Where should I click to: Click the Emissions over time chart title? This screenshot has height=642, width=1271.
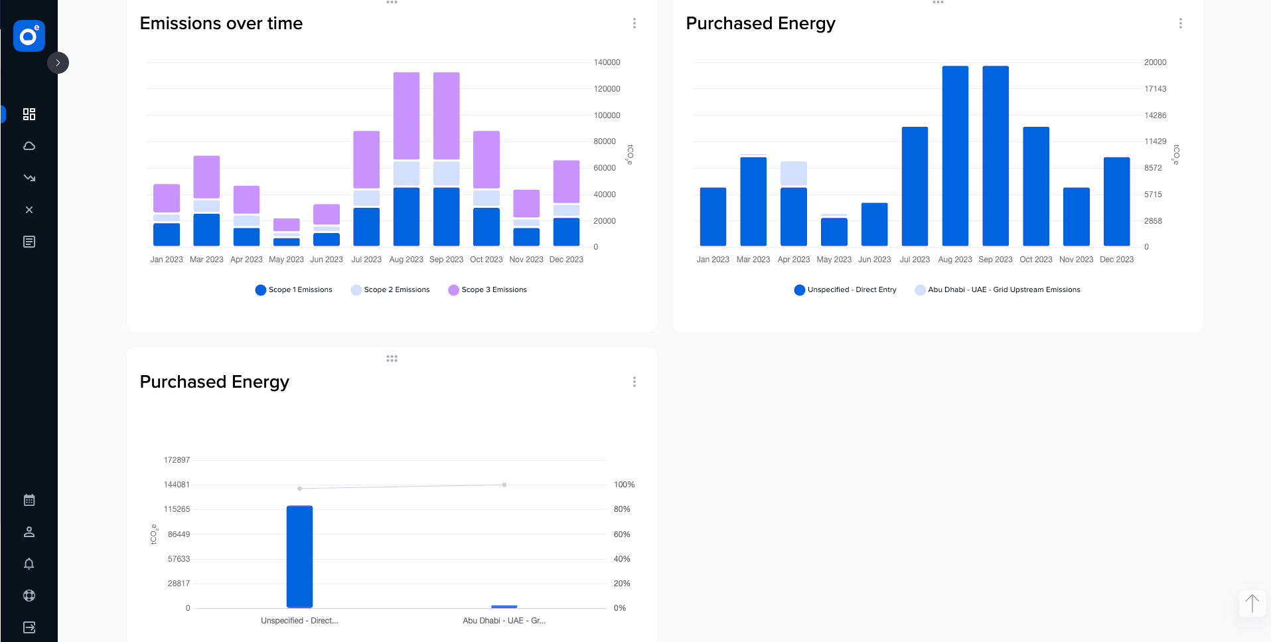click(x=221, y=23)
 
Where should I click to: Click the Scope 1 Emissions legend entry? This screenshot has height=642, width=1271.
click(x=293, y=289)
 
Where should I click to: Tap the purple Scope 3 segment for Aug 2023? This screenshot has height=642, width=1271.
click(x=406, y=116)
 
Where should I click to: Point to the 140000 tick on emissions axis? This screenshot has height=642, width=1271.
click(x=607, y=62)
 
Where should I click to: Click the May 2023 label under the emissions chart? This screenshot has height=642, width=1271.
click(x=286, y=260)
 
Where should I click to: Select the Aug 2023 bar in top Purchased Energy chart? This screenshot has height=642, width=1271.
click(x=954, y=156)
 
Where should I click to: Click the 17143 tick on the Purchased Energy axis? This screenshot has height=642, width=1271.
click(x=1155, y=89)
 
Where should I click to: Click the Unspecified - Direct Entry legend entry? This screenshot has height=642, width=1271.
click(x=845, y=289)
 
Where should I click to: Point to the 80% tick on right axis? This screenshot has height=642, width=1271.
click(x=622, y=509)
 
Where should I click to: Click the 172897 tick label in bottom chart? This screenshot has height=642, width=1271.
click(x=177, y=460)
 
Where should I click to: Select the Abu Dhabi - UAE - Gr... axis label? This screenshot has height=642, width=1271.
click(x=504, y=621)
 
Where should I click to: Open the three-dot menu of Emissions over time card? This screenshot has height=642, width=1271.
click(x=635, y=23)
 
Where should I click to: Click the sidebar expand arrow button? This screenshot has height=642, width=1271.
click(x=58, y=63)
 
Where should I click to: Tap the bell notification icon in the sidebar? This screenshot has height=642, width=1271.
click(x=29, y=564)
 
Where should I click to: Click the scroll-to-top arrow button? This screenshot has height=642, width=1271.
click(x=1252, y=603)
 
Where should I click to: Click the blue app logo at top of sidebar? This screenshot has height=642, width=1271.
click(x=29, y=36)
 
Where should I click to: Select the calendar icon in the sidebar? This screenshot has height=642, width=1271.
click(x=29, y=500)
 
